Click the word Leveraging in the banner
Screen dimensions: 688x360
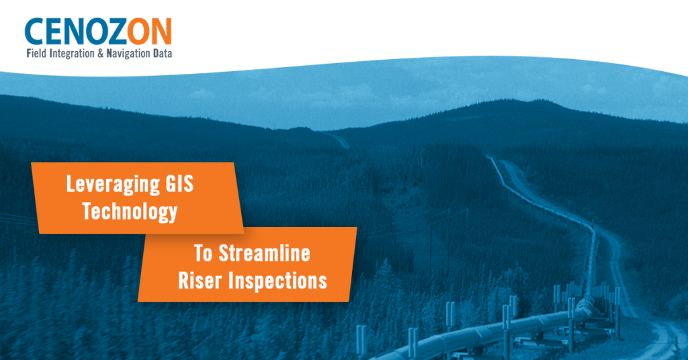113,184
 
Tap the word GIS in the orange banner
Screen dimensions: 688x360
179,183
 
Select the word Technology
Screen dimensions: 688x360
130,212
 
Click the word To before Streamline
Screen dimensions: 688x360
203,253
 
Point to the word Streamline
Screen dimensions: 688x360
265,253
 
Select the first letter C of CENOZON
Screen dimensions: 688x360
34,32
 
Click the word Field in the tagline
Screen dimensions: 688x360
36,54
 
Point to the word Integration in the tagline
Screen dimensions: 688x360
71,54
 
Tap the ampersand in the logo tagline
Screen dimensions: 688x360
101,54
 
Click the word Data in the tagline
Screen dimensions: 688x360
163,54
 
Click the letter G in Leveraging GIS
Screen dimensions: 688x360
171,183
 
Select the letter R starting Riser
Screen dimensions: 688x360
183,281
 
